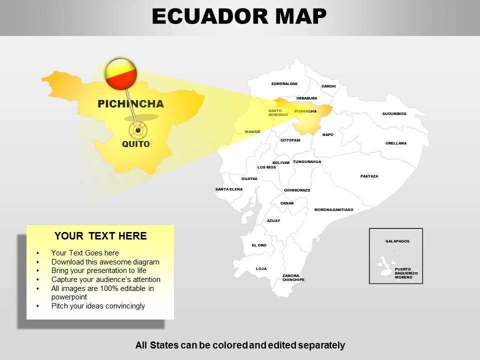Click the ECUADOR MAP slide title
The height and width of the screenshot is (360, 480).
(x=239, y=16)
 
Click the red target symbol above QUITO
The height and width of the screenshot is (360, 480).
(x=138, y=130)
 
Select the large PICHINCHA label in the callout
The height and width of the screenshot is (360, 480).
(x=130, y=104)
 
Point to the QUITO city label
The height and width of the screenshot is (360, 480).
(x=136, y=144)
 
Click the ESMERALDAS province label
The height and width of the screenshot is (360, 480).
(x=284, y=83)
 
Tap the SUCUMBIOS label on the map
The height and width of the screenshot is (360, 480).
(x=394, y=113)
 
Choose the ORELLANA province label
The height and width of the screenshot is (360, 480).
(x=395, y=143)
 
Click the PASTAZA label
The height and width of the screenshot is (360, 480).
(x=369, y=176)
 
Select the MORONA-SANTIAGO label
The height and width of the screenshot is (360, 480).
(x=333, y=209)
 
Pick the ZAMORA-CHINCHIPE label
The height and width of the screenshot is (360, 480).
(x=293, y=277)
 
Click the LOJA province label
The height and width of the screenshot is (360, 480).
(x=261, y=268)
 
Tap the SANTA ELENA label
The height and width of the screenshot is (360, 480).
(x=228, y=189)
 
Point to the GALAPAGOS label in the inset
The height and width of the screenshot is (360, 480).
(x=397, y=241)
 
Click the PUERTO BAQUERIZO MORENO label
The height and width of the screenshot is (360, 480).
(x=406, y=273)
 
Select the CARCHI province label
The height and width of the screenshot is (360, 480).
(x=328, y=86)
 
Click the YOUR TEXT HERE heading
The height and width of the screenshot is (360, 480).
(x=100, y=236)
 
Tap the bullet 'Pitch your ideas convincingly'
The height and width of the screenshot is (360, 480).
(x=98, y=305)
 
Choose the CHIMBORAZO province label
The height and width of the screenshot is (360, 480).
(x=297, y=190)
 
